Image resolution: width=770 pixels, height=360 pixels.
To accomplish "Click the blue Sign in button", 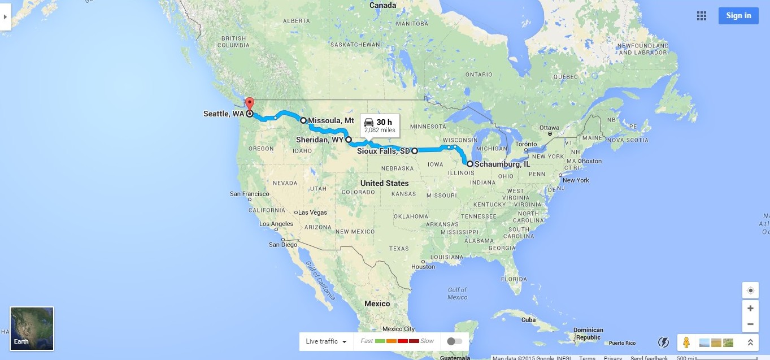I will coord(738,16).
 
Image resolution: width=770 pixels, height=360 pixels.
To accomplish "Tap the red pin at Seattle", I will coord(249,104).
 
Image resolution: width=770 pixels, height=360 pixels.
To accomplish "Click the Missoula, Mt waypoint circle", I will coord(303,120).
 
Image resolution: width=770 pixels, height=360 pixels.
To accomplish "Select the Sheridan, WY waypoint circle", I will coord(349,139).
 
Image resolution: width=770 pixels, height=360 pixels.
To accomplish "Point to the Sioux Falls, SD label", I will coord(383,151).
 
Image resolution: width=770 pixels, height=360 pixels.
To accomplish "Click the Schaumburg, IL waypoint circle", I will coord(469,164).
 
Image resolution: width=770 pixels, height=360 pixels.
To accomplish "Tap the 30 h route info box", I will coord(379,125).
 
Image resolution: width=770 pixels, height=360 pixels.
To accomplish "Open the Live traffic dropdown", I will coord(325,341).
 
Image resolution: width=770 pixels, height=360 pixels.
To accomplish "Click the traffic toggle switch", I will coord(454,341).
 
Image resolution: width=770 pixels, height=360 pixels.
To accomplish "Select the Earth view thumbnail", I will coord(32,328).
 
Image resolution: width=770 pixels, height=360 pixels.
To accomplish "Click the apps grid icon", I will coord(702,16).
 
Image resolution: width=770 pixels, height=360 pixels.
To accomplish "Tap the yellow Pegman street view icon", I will coord(686,342).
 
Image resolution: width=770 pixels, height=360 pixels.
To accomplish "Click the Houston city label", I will coord(423,266).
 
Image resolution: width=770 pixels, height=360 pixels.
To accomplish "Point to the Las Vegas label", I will coord(312,212).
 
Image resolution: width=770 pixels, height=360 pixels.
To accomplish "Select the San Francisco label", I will coord(249,193).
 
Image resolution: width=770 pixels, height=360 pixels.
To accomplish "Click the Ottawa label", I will coord(549,128).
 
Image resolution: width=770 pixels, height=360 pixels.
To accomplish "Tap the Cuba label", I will coord(528,319).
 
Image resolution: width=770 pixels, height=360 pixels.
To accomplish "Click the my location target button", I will coord(750,290).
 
